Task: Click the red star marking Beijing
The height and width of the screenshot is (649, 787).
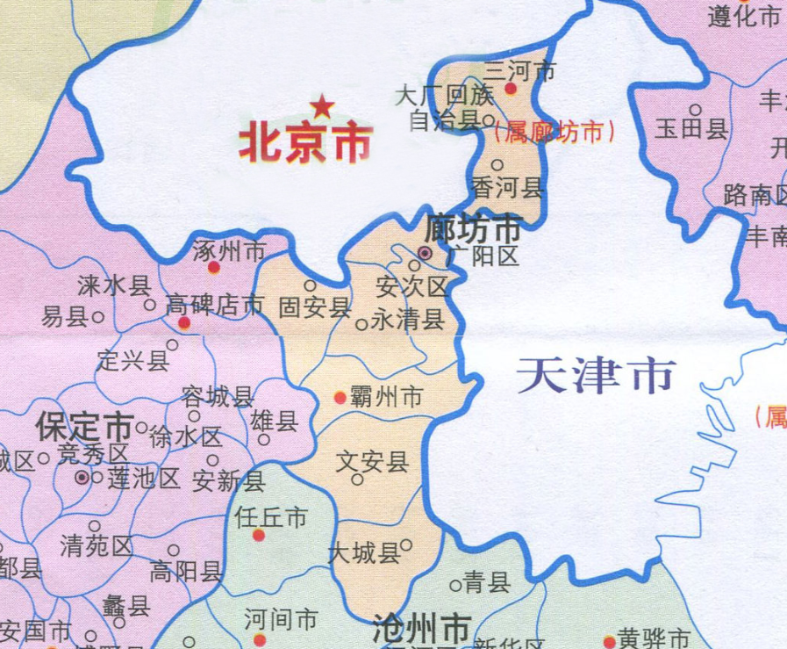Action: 323,107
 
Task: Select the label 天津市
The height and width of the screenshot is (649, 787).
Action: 597,376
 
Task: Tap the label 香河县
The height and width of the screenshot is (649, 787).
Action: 509,188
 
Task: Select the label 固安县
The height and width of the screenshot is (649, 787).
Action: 314,307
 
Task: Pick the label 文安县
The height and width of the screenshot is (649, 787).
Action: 373,460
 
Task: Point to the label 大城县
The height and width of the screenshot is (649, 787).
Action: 363,553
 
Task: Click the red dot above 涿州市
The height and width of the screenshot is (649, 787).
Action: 214,265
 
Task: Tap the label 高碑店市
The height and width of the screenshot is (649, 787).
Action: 215,306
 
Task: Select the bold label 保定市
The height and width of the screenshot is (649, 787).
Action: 84,428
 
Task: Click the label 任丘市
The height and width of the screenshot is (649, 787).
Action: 272,517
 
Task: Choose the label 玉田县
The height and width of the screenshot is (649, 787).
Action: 692,131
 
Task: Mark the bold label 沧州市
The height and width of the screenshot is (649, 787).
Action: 420,630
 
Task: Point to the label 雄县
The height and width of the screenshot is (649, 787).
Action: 275,422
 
